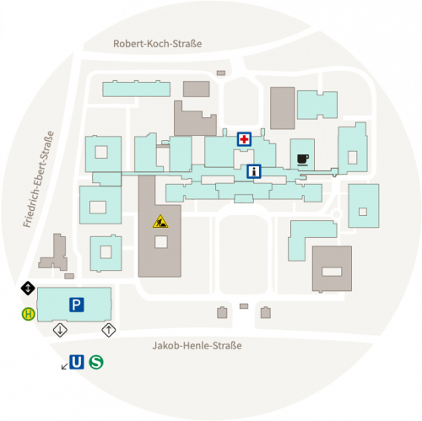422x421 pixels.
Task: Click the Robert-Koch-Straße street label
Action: tap(157, 44)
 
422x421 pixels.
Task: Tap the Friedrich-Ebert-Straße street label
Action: tap(38, 179)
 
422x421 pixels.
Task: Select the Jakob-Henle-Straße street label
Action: tap(197, 345)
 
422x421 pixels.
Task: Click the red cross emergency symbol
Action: tap(244, 139)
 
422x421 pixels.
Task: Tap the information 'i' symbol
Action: tap(254, 171)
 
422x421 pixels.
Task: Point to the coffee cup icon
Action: tap(303, 159)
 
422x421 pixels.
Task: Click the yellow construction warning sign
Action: tap(160, 221)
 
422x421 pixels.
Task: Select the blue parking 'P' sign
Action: tap(77, 305)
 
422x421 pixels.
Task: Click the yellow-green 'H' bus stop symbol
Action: tap(29, 314)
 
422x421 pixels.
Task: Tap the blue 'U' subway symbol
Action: tap(77, 362)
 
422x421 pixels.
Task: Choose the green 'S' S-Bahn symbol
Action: tap(96, 362)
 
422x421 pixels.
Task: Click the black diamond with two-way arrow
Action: tap(28, 288)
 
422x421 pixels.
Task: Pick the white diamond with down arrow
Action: tap(60, 330)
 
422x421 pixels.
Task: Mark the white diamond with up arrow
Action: tap(109, 330)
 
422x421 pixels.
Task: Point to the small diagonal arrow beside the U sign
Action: tap(64, 366)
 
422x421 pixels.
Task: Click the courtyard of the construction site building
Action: tap(161, 242)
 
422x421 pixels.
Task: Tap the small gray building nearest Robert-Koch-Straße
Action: tap(221, 73)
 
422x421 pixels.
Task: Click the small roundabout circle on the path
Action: tap(337, 214)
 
